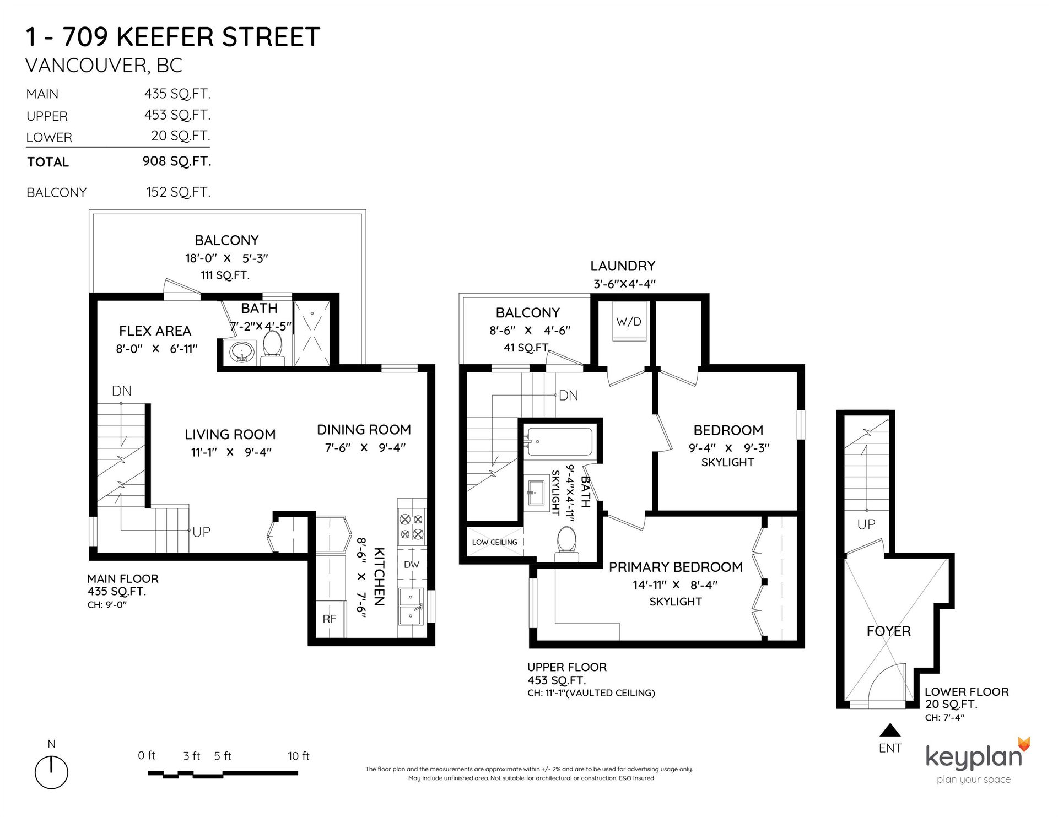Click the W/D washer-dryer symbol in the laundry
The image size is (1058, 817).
[x=629, y=321]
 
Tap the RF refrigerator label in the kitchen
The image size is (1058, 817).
[x=329, y=619]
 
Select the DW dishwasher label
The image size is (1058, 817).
[x=412, y=565]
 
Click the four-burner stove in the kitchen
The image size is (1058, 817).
[x=412, y=526]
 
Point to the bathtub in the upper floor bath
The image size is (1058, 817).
[x=558, y=442]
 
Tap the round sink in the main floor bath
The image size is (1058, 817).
[x=241, y=351]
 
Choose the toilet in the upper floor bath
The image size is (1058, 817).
[x=566, y=543]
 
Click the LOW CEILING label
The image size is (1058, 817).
[x=494, y=542]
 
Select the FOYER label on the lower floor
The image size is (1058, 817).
[x=888, y=631]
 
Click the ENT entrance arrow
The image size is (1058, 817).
[x=890, y=731]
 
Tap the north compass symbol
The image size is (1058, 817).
[x=51, y=771]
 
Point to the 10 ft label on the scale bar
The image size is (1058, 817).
[x=299, y=756]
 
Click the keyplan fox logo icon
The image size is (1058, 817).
[x=1023, y=744]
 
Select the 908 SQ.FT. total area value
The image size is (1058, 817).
[x=176, y=161]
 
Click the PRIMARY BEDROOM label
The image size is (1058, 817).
[x=676, y=567]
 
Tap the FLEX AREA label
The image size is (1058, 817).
[x=155, y=331]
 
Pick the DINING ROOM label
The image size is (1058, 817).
[x=364, y=430]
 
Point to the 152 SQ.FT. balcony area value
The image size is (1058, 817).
[x=178, y=192]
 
